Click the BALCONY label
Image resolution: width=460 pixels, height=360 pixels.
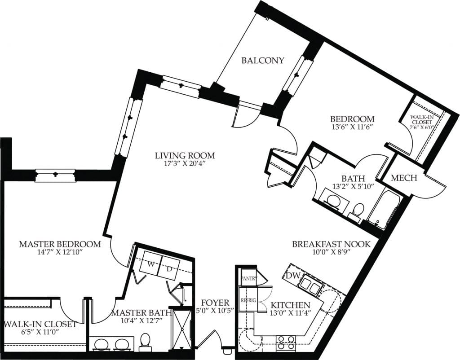[x=263, y=61]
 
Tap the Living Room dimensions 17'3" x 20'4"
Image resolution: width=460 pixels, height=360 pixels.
[x=185, y=164]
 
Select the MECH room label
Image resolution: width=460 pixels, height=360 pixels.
[x=404, y=178]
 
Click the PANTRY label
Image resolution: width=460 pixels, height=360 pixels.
[x=249, y=278]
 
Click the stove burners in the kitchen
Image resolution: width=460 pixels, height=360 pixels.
[x=285, y=342]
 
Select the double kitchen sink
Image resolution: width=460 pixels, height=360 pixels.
[x=310, y=284]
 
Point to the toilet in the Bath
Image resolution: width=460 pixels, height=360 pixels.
[x=358, y=211]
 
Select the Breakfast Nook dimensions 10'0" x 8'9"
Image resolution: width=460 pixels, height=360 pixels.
[x=331, y=253]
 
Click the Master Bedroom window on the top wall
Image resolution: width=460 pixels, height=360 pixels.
[x=55, y=175]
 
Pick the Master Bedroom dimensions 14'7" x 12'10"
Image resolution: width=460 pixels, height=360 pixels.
[x=59, y=253]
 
